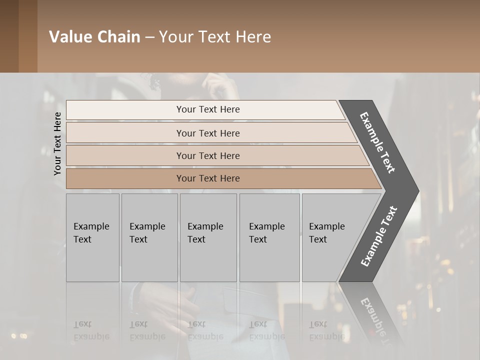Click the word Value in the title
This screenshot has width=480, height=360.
(70, 37)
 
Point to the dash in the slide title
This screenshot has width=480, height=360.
(149, 37)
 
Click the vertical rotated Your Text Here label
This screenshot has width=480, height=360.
(57, 143)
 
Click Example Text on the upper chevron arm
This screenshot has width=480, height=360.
(377, 142)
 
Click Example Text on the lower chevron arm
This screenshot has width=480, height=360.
(378, 236)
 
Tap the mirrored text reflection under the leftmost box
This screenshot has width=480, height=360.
(91, 330)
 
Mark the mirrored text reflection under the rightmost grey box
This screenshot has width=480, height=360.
(326, 330)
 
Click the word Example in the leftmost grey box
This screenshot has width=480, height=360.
(91, 226)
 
